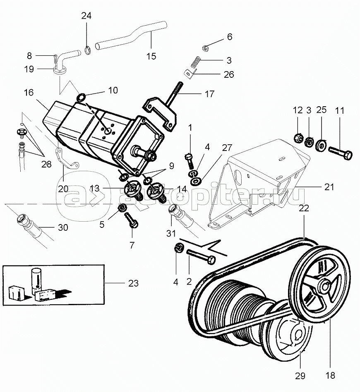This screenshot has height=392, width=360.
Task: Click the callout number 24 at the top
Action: pyautogui.click(x=86, y=17)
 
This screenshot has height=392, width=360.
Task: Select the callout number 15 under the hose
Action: pyautogui.click(x=151, y=56)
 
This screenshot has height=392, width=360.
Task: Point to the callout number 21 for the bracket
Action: pyautogui.click(x=329, y=187)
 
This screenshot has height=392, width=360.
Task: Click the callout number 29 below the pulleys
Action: pyautogui.click(x=300, y=375)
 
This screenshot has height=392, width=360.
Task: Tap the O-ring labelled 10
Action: pyautogui.click(x=81, y=98)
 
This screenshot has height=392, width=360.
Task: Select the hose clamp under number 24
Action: pyautogui.click(x=87, y=51)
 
